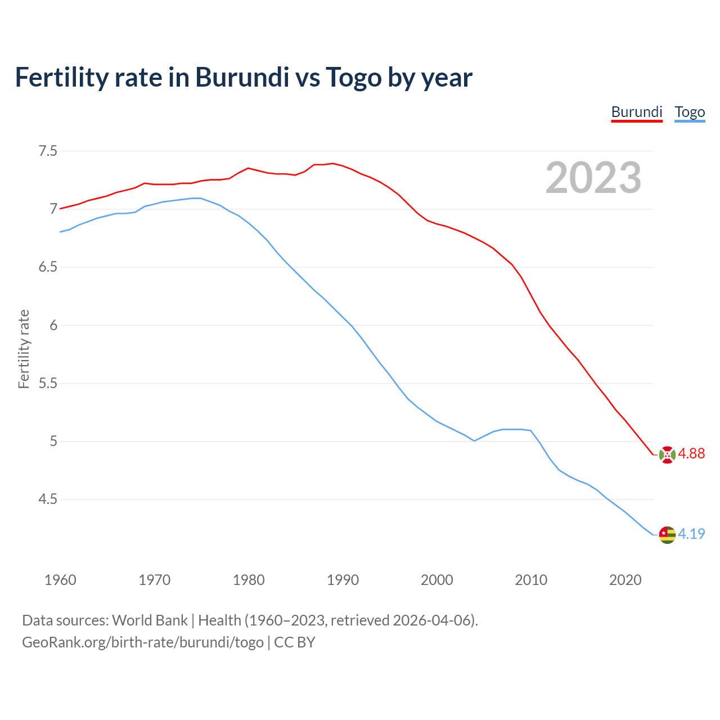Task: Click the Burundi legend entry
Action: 637,112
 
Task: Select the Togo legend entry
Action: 690,112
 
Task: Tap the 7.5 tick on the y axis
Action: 48,151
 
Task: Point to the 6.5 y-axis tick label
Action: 48,267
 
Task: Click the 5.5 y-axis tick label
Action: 48,384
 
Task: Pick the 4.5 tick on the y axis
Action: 48,499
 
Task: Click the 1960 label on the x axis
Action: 60,580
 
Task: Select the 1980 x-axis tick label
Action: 249,580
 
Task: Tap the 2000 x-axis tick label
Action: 437,580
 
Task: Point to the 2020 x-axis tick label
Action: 625,580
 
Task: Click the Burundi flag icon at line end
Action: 667,454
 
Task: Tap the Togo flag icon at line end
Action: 667,534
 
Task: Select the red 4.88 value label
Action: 691,454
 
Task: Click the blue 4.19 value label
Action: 691,534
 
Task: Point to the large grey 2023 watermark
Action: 593,178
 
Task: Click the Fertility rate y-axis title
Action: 24,349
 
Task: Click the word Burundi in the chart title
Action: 242,77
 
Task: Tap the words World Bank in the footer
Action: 150,620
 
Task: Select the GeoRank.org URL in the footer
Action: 142,642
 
